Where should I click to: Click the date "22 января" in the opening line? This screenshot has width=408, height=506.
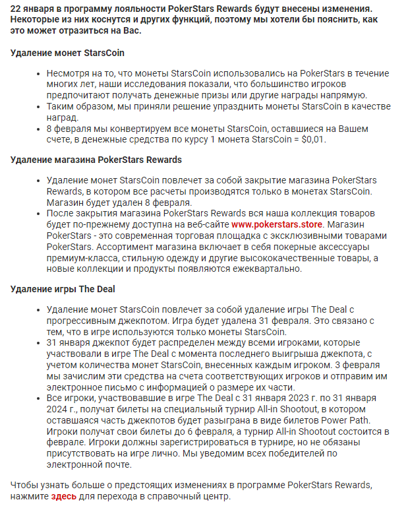(x=32, y=9)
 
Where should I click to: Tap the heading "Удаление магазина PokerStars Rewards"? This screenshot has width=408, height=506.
(x=96, y=160)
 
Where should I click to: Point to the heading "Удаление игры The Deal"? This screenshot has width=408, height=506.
(x=63, y=288)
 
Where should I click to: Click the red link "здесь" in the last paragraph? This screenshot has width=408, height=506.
(x=64, y=496)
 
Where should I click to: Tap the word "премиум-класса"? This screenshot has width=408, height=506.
(x=78, y=257)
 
